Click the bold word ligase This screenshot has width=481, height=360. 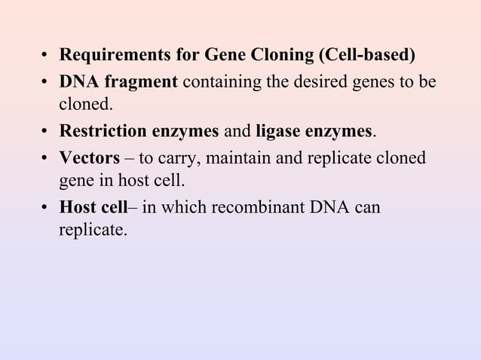pyautogui.click(x=278, y=133)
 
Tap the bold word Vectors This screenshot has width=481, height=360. pyautogui.click(x=90, y=158)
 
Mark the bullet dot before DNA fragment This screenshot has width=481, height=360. pyautogui.click(x=46, y=82)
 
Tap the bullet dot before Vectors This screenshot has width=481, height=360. pyautogui.click(x=46, y=159)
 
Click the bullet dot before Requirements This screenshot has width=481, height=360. pyautogui.click(x=46, y=56)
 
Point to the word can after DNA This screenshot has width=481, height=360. pyautogui.click(x=366, y=206)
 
